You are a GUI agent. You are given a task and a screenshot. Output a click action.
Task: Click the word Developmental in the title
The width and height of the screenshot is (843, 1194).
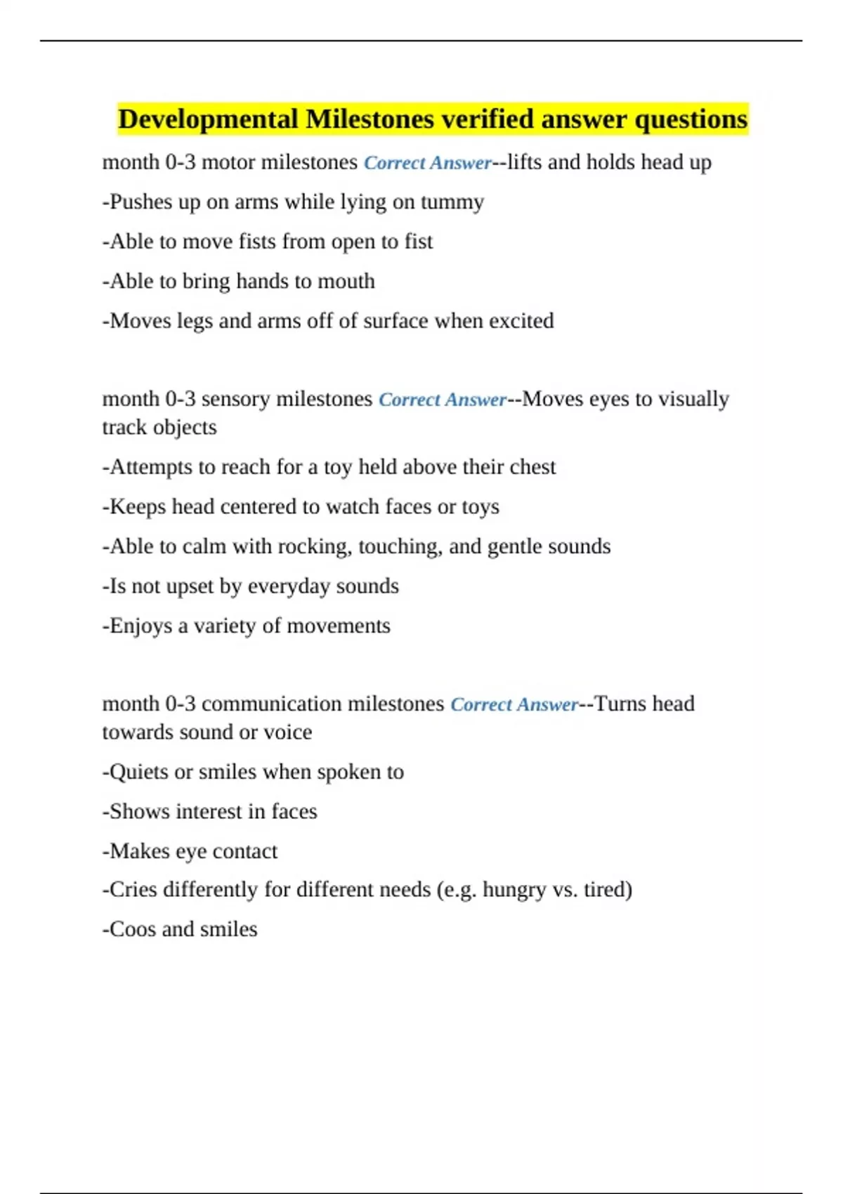point(208,119)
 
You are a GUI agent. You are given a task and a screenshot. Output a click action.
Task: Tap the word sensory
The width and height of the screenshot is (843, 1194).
point(235,399)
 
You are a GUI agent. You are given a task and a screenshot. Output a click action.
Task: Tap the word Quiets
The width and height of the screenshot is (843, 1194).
point(139,772)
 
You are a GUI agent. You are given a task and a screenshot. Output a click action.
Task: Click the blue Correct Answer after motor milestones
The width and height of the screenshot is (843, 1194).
point(428,163)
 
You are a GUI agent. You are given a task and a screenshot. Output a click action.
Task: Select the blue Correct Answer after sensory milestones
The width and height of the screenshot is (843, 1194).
point(443,400)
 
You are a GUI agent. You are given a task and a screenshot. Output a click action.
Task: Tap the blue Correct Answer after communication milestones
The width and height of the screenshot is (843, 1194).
point(514,704)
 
